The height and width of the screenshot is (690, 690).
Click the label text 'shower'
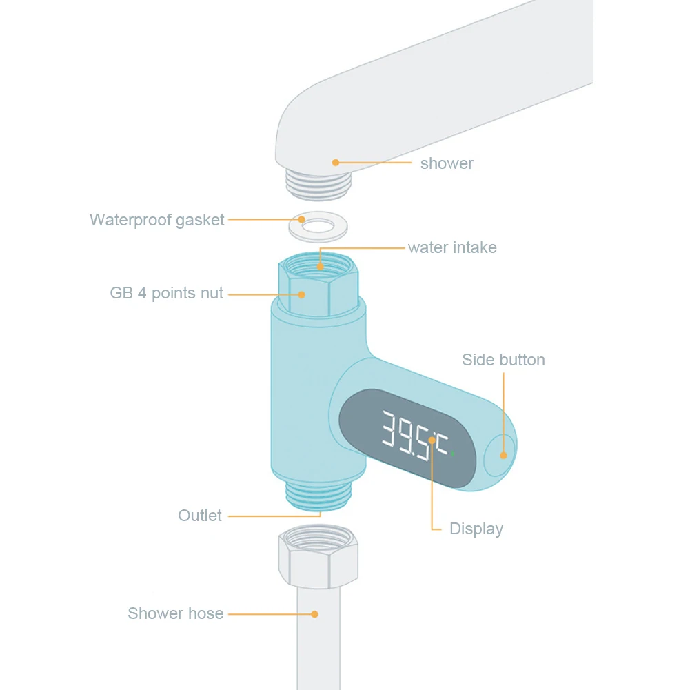click(x=447, y=163)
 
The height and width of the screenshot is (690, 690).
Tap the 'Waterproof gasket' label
click(x=156, y=220)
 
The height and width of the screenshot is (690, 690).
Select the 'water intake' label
click(x=452, y=247)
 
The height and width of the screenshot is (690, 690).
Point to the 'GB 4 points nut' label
click(x=167, y=293)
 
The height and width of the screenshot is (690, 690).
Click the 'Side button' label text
click(x=503, y=360)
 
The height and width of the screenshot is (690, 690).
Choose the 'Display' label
click(x=476, y=529)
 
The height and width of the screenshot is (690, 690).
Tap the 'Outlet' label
click(x=200, y=516)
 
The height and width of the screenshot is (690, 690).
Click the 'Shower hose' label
click(x=175, y=613)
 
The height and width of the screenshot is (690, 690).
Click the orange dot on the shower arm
click(x=336, y=163)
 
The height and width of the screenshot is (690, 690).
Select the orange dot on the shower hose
click(x=314, y=613)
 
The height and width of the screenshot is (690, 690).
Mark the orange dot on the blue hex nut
click(x=301, y=294)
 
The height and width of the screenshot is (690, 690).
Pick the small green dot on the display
click(x=453, y=454)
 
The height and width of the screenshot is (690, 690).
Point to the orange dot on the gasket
click(x=301, y=220)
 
